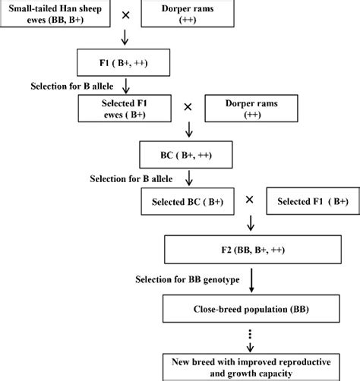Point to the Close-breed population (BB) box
click(249, 309)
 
